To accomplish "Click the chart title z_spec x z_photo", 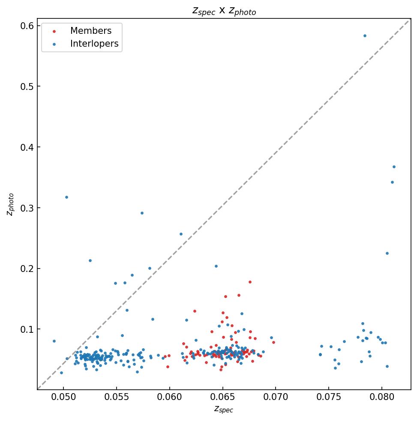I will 224,11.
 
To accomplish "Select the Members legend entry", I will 90,31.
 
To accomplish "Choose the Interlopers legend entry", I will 94,44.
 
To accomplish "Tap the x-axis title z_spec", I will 224,409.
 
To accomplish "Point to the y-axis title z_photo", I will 11,204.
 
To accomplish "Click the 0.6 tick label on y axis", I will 27,26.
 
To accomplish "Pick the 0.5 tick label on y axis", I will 27,87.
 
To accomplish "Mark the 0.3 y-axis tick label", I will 27,208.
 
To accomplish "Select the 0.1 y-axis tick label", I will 27,329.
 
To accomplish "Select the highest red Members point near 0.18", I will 250,282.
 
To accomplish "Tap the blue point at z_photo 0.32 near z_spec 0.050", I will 66,197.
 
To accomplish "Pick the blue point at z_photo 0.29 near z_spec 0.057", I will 142,213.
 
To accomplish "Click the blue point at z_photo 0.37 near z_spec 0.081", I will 394,167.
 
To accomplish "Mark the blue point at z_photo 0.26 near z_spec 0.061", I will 181,234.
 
